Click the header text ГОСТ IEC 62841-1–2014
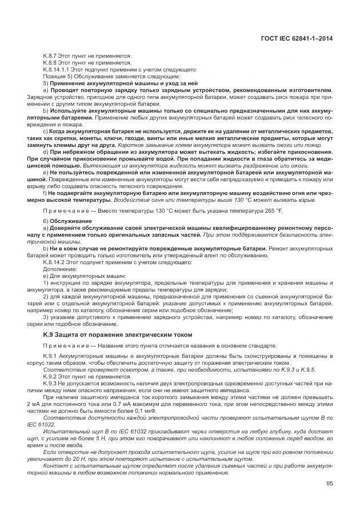[297, 38]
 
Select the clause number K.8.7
[50, 55]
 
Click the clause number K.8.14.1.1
[55, 69]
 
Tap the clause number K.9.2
[50, 377]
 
